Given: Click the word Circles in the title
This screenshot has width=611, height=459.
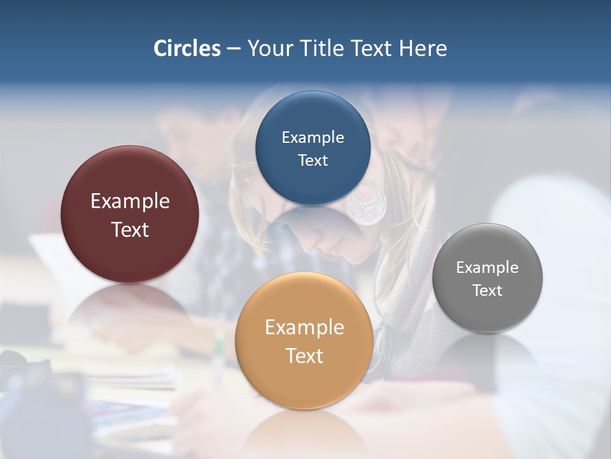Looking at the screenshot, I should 187,48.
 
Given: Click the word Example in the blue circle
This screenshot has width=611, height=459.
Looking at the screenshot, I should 313,138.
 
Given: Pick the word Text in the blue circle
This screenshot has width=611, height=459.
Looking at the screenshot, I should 313,161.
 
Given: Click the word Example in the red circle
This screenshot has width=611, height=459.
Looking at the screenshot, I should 130,201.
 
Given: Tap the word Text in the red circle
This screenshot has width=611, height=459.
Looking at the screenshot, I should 130,229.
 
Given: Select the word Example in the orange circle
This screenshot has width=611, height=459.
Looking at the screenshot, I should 304,328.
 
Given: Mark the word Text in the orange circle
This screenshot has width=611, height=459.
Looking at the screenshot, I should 304,356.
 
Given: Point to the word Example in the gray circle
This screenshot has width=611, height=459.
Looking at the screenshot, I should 487,268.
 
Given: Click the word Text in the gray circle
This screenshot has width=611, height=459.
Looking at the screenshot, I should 487,291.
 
